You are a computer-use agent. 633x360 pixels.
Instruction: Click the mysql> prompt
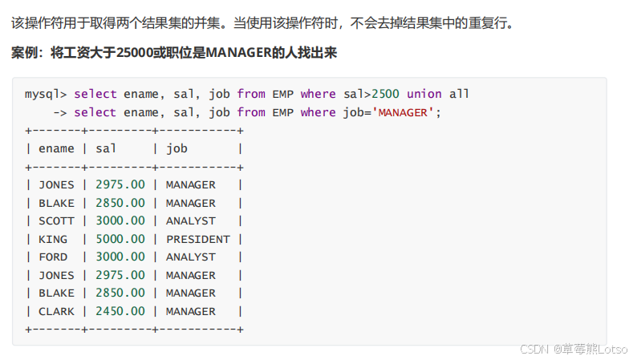click(46, 94)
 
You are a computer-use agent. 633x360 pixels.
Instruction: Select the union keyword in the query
click(424, 94)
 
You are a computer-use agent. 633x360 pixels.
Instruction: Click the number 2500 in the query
click(385, 94)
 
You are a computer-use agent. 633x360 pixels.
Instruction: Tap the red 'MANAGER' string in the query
click(403, 112)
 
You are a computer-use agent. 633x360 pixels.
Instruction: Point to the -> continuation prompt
click(59, 112)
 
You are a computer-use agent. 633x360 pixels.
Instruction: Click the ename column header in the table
click(56, 148)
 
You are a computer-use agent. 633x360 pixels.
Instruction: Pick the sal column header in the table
click(106, 148)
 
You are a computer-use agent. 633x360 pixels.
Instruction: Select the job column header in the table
click(177, 148)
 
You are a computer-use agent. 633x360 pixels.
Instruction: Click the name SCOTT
click(56, 220)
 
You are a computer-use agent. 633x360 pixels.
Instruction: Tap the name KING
click(53, 239)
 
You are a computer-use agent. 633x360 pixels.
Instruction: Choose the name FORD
click(53, 257)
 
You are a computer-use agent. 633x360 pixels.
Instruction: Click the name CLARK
click(56, 311)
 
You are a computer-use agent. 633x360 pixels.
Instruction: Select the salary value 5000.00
click(120, 239)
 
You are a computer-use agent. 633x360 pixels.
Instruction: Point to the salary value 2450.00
click(120, 311)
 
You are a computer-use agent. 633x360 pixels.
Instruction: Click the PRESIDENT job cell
click(197, 239)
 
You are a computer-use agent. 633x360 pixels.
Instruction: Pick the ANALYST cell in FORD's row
click(191, 257)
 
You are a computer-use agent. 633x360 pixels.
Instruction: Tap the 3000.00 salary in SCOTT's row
click(120, 220)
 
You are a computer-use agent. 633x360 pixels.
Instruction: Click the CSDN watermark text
click(533, 350)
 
